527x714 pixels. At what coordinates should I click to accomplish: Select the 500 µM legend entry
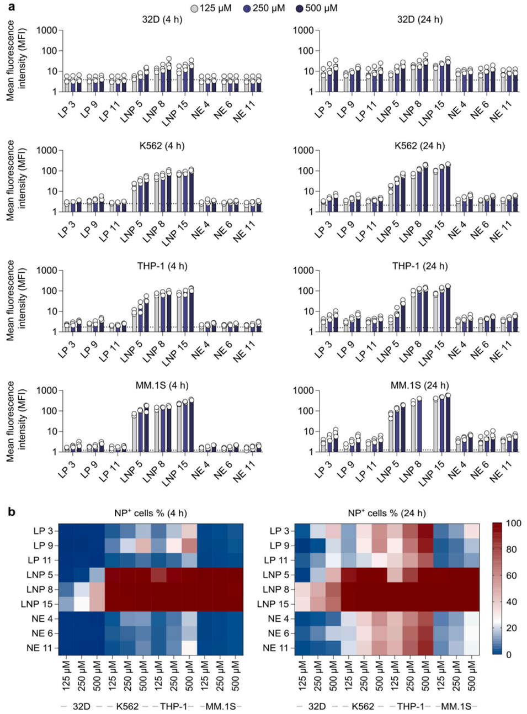click(317, 8)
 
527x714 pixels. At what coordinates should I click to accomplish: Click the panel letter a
click(10, 7)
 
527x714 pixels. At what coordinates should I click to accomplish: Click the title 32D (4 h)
click(162, 20)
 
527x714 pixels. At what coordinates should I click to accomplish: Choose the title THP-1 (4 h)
click(162, 266)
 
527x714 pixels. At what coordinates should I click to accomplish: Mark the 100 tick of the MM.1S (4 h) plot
click(49, 411)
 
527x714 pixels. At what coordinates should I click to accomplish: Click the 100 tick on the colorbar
click(513, 523)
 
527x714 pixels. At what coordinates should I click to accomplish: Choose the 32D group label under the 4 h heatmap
click(81, 706)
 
